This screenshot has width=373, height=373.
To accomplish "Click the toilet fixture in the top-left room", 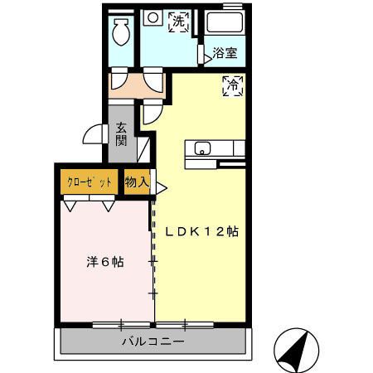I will (120, 33).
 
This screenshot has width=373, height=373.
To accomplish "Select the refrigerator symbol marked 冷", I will (233, 85).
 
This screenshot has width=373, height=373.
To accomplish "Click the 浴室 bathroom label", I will (225, 54).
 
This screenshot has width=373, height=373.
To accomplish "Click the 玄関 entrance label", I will (121, 134).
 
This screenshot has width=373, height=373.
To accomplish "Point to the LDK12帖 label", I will (200, 232).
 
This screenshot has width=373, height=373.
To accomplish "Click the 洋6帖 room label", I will (105, 262).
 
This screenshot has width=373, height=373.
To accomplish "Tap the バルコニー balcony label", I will (153, 341).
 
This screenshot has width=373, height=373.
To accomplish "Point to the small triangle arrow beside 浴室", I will (201, 55).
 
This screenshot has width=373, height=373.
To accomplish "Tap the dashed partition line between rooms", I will (153, 249).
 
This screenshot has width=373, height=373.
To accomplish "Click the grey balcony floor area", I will (83, 341).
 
